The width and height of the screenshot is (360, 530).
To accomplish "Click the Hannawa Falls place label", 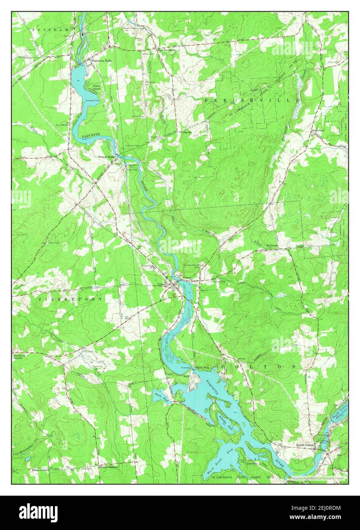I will coord(101,60).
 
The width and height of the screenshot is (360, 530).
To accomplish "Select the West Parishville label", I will coord(166,50).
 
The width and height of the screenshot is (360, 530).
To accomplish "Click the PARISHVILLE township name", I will coord(252,100).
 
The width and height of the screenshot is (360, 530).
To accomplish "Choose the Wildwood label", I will coord(272,246).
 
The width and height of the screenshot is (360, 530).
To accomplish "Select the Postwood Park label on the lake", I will coord(92,100).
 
